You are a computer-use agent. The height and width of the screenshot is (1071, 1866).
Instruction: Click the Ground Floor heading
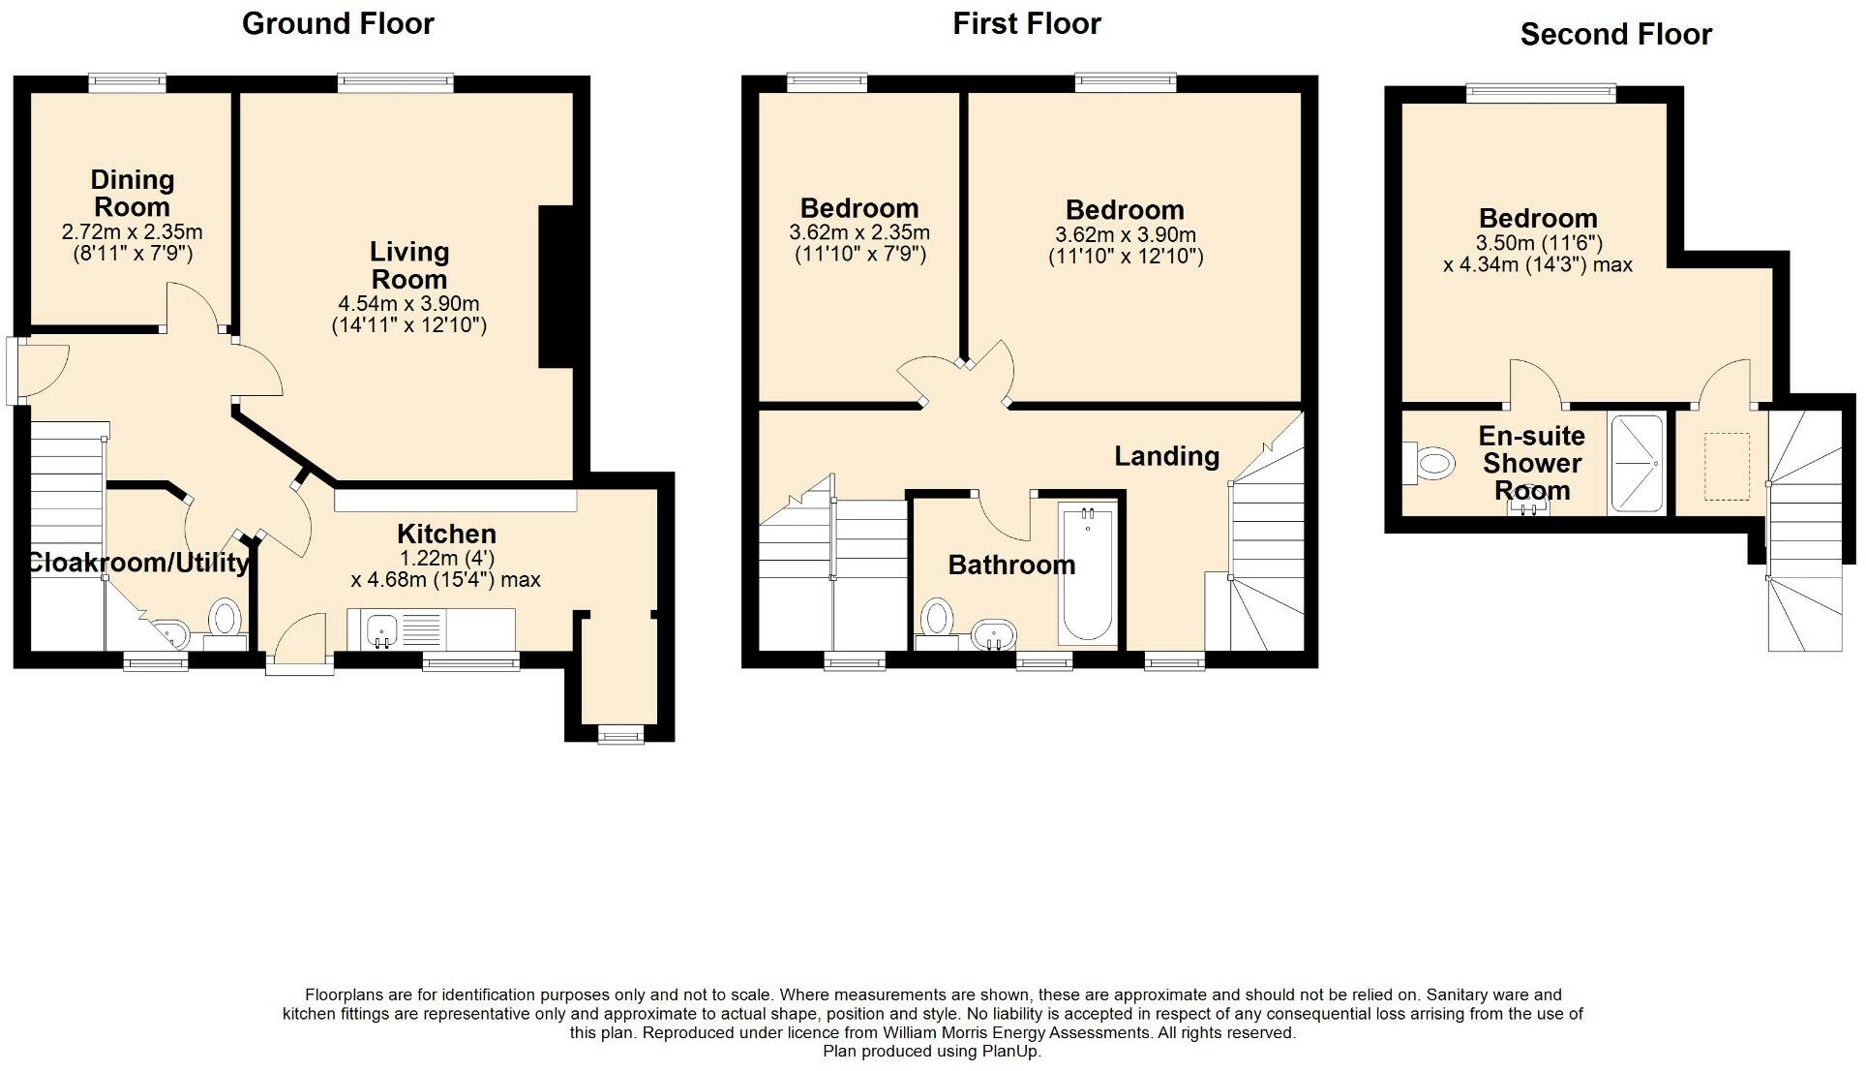tap(338, 23)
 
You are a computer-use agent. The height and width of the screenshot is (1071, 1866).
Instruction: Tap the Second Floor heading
tap(1615, 35)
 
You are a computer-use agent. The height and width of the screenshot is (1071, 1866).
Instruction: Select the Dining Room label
tap(132, 193)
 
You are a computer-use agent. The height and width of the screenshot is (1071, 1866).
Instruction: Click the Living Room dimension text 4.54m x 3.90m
tap(408, 303)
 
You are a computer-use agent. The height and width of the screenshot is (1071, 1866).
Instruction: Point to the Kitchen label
tap(446, 534)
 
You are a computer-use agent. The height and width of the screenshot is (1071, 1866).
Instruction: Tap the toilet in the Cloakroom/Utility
tap(226, 618)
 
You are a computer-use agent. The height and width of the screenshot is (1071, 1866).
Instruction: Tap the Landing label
tap(1166, 456)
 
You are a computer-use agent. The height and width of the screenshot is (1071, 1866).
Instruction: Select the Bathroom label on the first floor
tap(1011, 565)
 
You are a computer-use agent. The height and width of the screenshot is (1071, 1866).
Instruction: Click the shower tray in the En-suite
tap(1636, 463)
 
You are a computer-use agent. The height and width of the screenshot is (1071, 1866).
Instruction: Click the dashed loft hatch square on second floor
tap(1727, 467)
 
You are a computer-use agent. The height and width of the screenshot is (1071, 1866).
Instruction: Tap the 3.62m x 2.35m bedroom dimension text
tap(859, 232)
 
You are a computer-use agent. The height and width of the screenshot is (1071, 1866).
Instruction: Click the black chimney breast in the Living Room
tap(557, 287)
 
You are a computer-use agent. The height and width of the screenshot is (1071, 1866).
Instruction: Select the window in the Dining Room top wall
tap(128, 83)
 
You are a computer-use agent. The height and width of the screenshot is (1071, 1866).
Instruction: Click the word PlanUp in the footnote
tap(1011, 1051)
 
